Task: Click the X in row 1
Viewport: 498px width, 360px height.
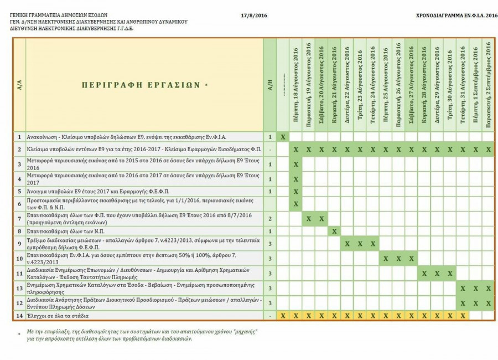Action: click(x=283, y=136)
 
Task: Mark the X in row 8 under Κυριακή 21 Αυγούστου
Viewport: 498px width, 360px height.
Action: click(x=334, y=231)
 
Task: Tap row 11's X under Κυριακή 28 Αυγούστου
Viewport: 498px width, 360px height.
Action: click(x=424, y=273)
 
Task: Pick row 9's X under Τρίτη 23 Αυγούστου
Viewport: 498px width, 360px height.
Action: click(x=360, y=244)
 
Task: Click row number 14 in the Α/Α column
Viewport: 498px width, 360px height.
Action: click(x=19, y=315)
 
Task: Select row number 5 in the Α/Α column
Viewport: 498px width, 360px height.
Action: click(x=19, y=191)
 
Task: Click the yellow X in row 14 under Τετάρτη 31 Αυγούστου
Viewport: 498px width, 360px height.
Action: click(x=462, y=315)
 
